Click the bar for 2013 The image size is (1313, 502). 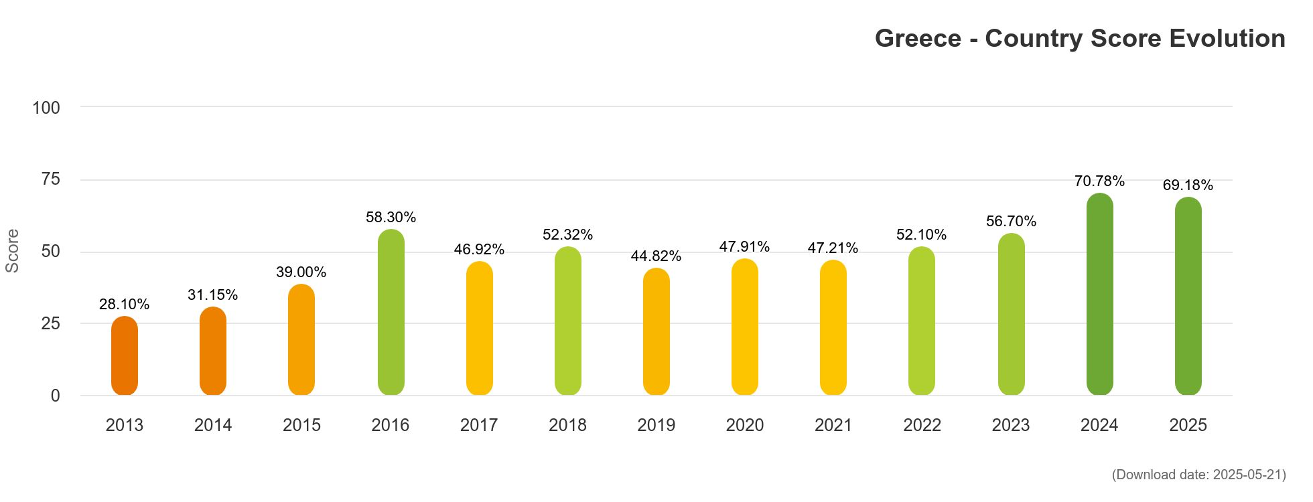(125, 356)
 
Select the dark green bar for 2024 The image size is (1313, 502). (1099, 295)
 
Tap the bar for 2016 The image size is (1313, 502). (391, 313)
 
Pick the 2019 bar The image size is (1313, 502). (656, 332)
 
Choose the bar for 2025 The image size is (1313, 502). (1188, 297)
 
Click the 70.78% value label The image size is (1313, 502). (1099, 181)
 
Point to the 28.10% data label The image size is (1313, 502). (125, 305)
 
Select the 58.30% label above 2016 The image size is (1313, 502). (391, 218)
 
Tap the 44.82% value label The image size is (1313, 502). (656, 256)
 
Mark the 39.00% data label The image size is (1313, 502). (301, 272)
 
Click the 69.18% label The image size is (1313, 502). (1188, 185)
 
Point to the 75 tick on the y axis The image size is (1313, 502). (51, 179)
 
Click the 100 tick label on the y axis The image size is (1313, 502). (46, 108)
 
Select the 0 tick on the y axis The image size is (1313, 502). (56, 396)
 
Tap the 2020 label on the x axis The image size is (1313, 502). (745, 426)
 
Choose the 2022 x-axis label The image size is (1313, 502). (922, 426)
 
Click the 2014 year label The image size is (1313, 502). (213, 426)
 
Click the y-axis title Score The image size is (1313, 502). (13, 251)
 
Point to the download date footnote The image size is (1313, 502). (1198, 475)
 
